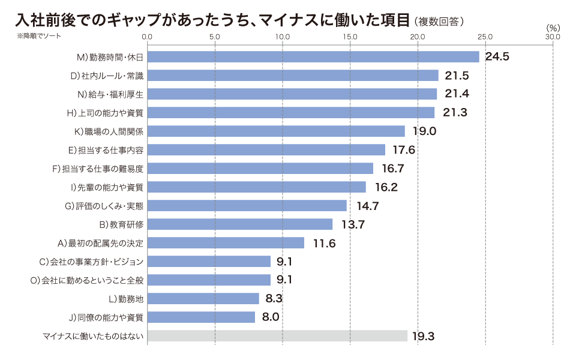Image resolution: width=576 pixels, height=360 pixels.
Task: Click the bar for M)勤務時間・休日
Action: click(x=313, y=57)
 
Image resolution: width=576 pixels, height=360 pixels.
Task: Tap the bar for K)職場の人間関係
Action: click(x=276, y=131)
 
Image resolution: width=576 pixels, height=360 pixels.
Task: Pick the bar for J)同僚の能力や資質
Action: click(x=201, y=317)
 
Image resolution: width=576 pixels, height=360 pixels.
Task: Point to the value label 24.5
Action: click(x=497, y=57)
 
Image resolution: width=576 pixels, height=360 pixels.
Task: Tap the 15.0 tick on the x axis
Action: click(x=350, y=37)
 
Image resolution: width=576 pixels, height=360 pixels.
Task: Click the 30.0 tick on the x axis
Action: click(x=553, y=37)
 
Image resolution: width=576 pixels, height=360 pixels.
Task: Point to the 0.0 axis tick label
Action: click(x=148, y=37)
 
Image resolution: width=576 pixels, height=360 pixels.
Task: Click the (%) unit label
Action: click(x=553, y=28)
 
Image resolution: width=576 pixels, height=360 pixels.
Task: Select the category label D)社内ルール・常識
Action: click(x=107, y=76)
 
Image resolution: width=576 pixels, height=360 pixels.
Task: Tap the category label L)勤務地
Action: click(x=126, y=299)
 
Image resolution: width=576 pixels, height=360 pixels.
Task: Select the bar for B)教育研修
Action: click(x=239, y=224)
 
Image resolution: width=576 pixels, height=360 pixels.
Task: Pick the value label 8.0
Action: click(x=271, y=317)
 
